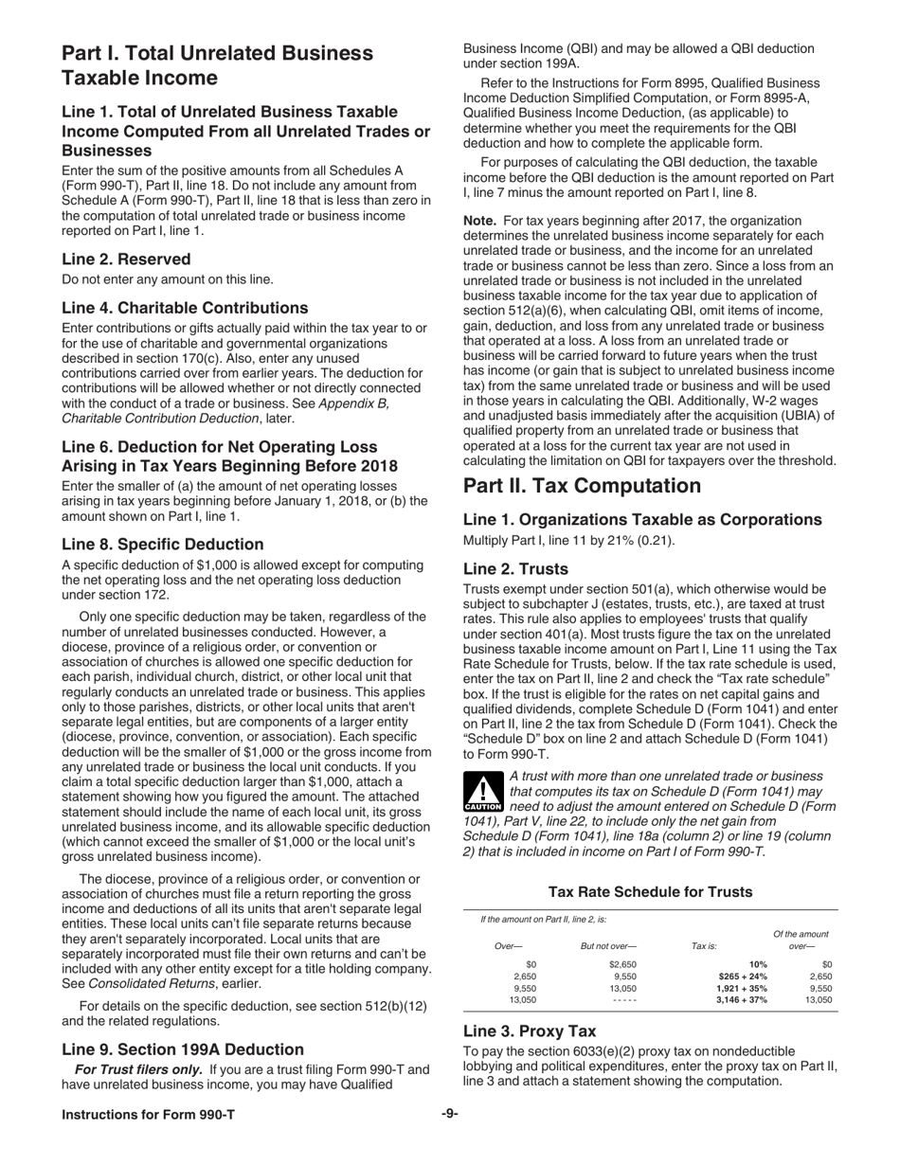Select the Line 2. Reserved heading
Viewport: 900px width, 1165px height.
pos(126,259)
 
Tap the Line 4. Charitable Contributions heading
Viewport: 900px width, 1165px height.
pos(185,308)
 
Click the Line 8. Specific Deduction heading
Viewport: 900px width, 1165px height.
pos(162,544)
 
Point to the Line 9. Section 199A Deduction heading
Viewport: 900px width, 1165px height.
pos(183,1049)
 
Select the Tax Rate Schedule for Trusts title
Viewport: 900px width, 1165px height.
pos(650,892)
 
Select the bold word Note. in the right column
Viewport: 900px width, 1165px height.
pos(479,221)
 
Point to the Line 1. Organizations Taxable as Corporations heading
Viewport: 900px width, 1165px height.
pos(642,519)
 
